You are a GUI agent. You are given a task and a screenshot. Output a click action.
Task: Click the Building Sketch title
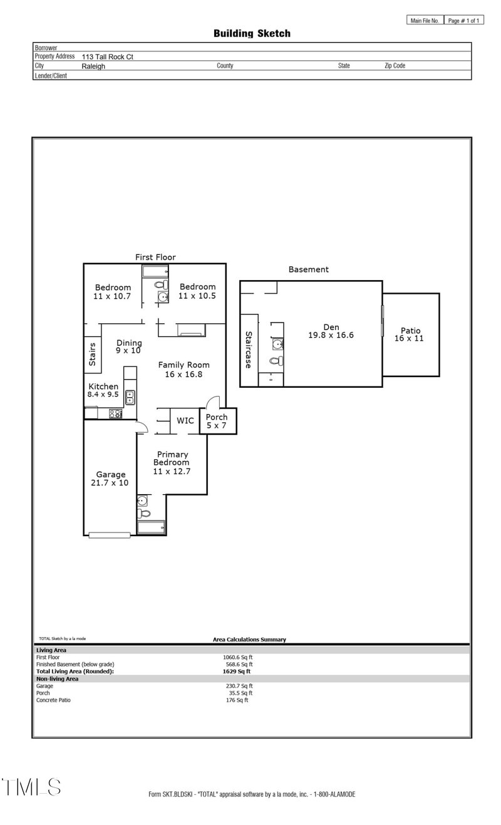pyautogui.click(x=252, y=33)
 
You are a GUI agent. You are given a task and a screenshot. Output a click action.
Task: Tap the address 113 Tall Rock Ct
pyautogui.click(x=107, y=56)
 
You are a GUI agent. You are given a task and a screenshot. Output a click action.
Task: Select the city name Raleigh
pyautogui.click(x=93, y=66)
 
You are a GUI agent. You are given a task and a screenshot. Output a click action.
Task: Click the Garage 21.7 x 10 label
pyautogui.click(x=111, y=479)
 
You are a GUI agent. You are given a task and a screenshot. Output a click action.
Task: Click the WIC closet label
pyautogui.click(x=185, y=420)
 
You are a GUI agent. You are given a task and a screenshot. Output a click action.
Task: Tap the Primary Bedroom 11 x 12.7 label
pyautogui.click(x=172, y=462)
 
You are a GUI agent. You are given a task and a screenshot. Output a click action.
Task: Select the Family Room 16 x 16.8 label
pyautogui.click(x=183, y=369)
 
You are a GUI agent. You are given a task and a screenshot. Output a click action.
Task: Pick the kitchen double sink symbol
pyautogui.click(x=130, y=396)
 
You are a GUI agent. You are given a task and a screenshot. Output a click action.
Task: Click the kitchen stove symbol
pyautogui.click(x=115, y=413)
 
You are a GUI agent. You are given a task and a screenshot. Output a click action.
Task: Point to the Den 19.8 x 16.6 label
pyautogui.click(x=331, y=331)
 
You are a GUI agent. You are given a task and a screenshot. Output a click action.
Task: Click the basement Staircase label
pyautogui.click(x=249, y=349)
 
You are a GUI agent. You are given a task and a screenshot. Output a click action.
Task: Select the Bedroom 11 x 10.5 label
pyautogui.click(x=197, y=291)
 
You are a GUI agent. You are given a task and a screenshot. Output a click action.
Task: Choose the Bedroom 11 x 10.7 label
pyautogui.click(x=113, y=291)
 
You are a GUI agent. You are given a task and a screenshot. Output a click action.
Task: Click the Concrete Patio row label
pyautogui.click(x=53, y=700)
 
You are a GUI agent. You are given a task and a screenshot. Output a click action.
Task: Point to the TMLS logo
pyautogui.click(x=31, y=787)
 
